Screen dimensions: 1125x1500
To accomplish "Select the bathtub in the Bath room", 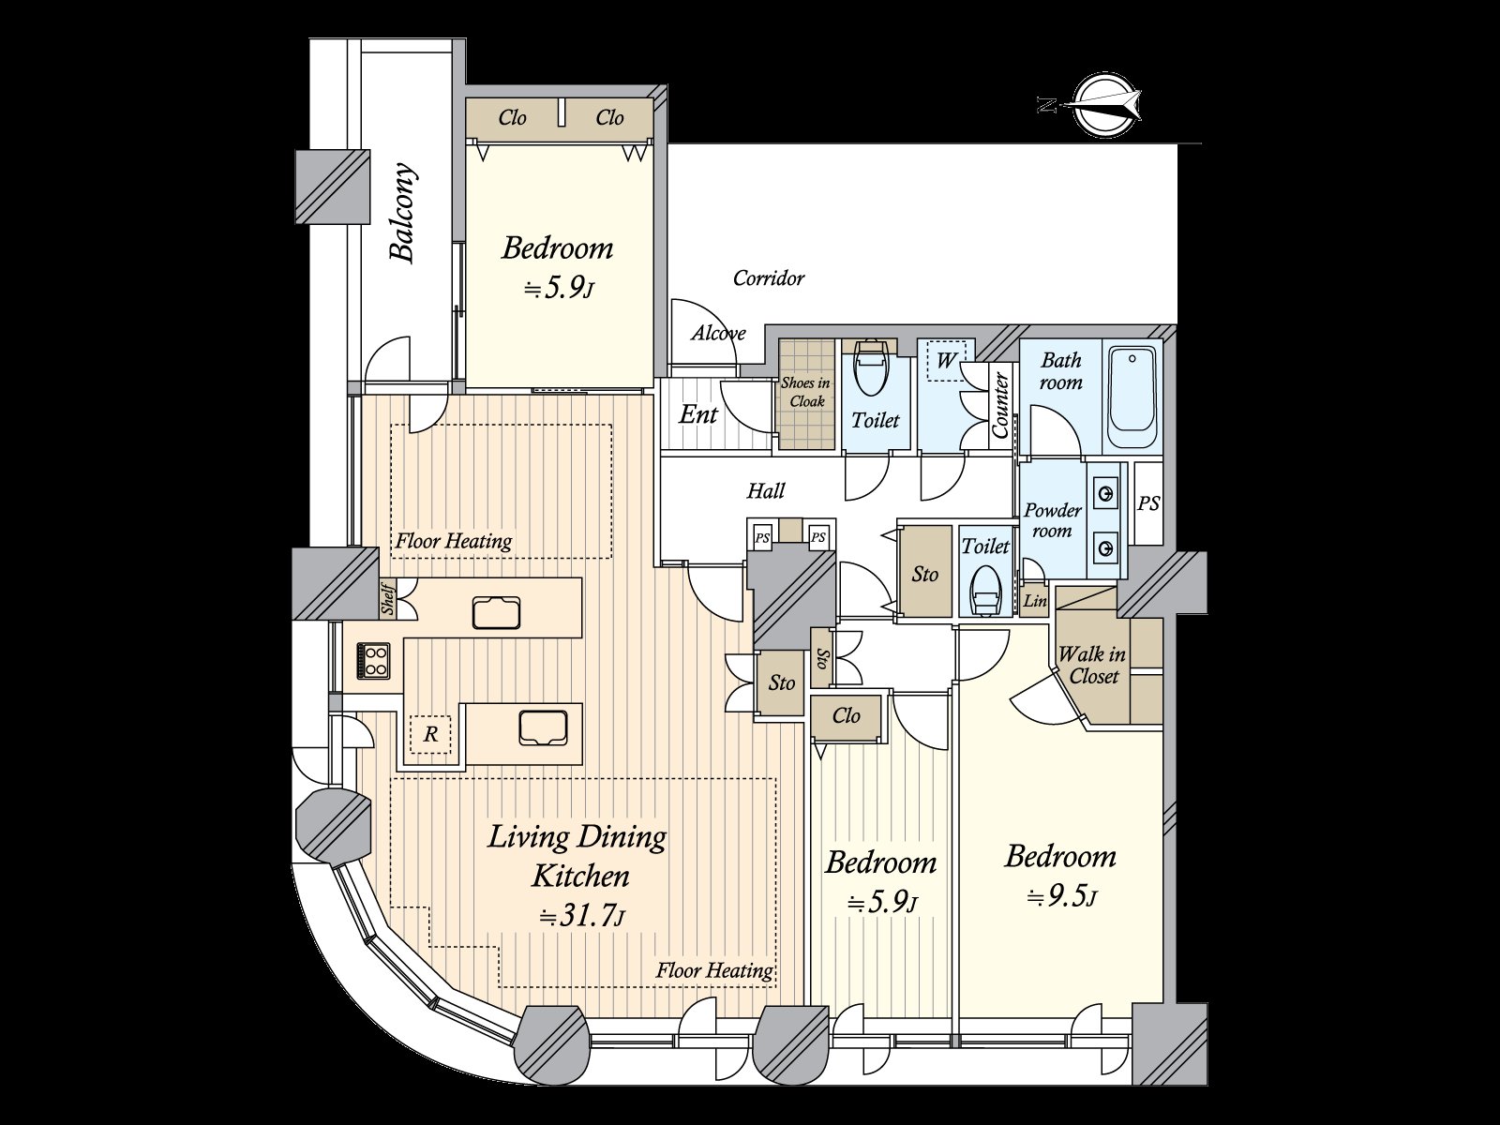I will tap(1132, 399).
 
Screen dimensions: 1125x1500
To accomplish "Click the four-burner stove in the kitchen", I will tap(373, 660).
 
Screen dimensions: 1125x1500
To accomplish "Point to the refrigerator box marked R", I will tap(430, 735).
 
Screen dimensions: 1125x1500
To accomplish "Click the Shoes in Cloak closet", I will tap(806, 393).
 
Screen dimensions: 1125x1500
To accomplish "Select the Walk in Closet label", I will tap(1091, 665).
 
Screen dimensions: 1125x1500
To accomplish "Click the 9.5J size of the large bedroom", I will tap(1061, 896).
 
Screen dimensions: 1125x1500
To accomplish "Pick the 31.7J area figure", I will tap(580, 915).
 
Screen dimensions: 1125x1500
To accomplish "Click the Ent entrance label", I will tap(697, 414).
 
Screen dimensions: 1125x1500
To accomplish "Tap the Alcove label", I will tap(718, 333).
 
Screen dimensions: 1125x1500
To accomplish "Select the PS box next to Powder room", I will tap(1148, 503).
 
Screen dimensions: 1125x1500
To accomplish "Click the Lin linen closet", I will tap(1034, 601).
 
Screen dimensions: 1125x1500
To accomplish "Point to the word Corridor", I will tap(768, 278).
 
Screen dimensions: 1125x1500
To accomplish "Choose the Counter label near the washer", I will tap(1000, 405).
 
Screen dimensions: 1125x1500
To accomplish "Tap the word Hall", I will tap(766, 490).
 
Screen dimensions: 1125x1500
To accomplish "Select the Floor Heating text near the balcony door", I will tap(453, 541).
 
